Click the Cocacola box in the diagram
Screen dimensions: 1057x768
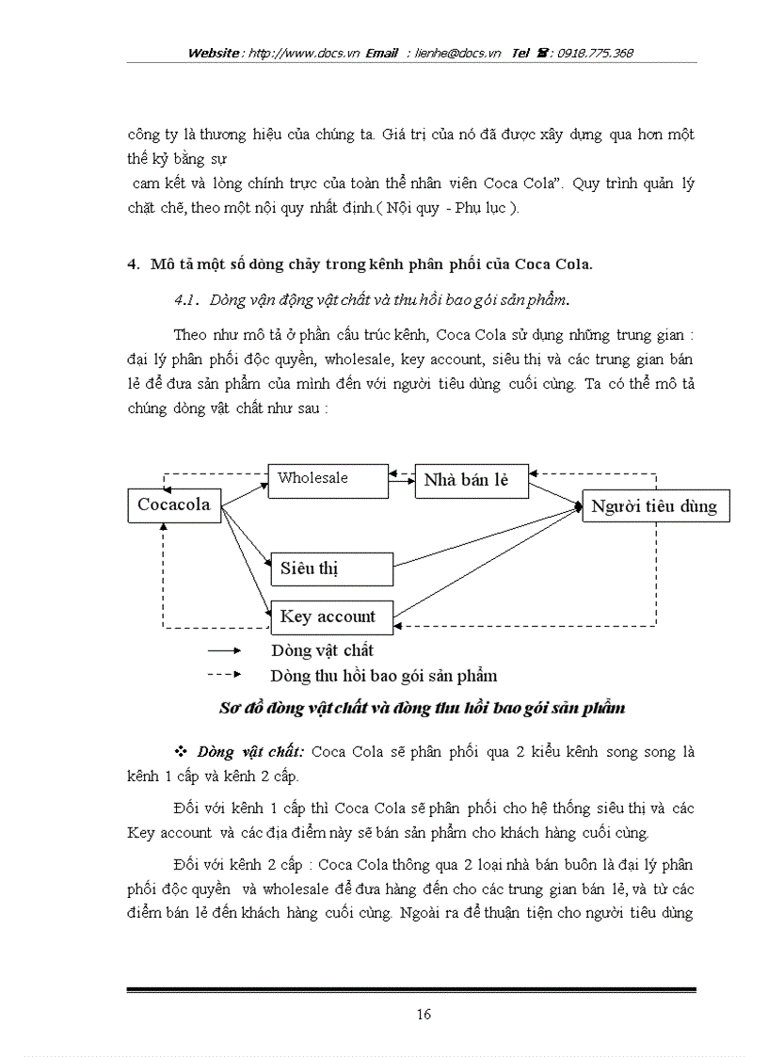174,504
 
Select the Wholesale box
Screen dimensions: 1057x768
328,479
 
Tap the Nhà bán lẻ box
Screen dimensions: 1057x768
471,480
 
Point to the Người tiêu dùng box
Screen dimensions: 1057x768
654,506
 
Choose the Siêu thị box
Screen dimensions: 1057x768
331,569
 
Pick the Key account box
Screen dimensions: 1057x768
331,617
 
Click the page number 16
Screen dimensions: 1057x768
424,1014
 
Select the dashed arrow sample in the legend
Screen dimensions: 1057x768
224,675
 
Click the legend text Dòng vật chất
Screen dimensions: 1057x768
322,650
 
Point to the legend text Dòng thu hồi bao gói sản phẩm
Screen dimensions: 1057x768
383,676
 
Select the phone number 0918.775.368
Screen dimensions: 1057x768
595,54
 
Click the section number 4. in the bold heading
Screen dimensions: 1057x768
133,264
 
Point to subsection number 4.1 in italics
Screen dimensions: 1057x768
184,299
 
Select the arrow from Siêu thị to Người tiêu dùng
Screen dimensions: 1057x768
485,537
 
